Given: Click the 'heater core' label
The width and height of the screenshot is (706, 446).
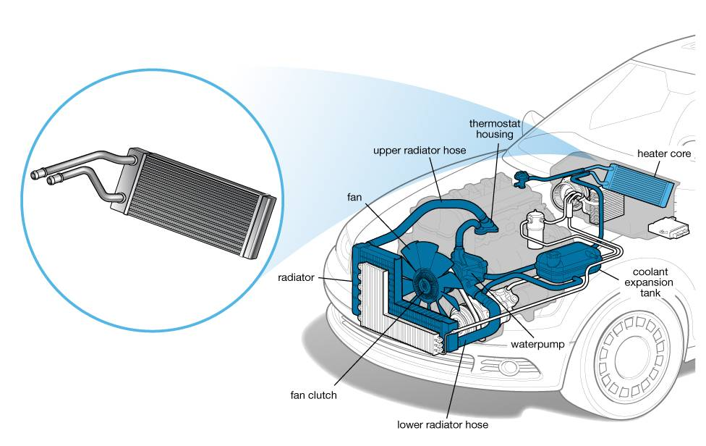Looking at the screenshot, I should coord(663,154).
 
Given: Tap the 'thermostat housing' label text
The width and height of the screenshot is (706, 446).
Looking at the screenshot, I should coord(495,129).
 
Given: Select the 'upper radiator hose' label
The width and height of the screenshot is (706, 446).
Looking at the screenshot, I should coord(420,151).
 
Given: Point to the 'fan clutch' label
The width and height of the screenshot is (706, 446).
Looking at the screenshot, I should coord(314,395).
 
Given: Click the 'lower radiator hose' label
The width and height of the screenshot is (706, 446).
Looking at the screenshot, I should coord(443,424).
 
